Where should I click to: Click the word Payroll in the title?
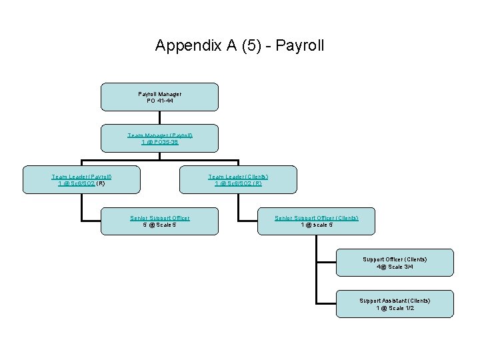tap(299, 46)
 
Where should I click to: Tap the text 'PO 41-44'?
tap(159, 101)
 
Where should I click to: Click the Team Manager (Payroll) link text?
tap(160, 135)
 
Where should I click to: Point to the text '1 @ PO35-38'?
tap(160, 143)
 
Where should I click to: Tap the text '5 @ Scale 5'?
tap(159, 225)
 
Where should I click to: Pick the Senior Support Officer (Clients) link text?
tap(317, 217)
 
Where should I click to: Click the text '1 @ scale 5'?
tap(317, 225)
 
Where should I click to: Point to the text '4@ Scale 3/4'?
tap(395, 267)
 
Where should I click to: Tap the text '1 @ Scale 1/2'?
tap(395, 308)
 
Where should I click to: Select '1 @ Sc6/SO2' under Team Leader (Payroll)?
tap(77, 183)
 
